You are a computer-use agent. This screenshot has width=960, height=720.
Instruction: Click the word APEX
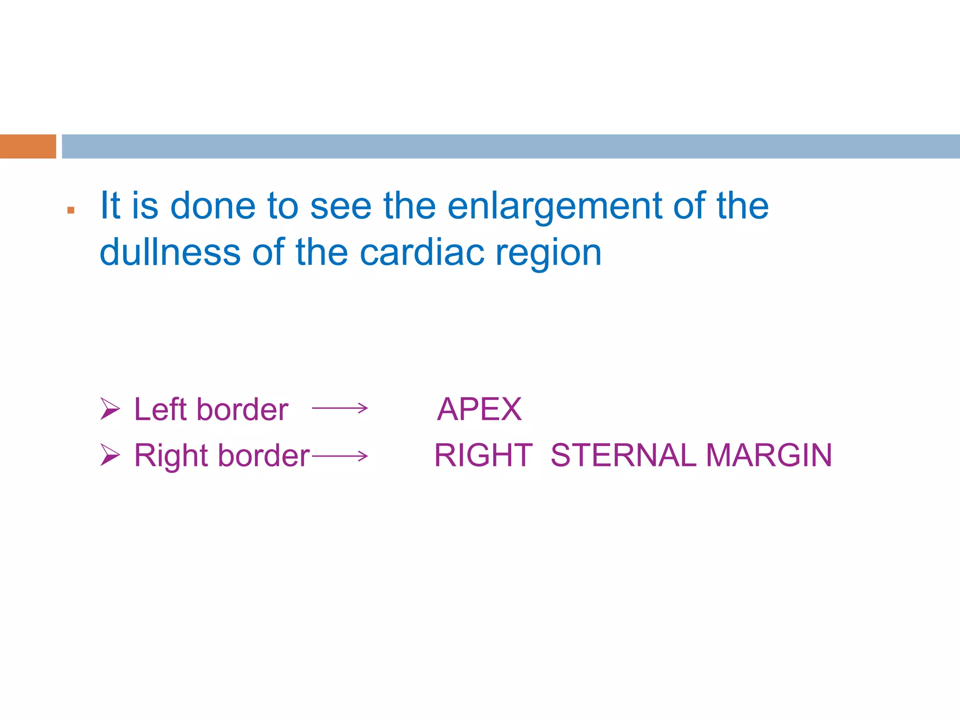click(x=479, y=409)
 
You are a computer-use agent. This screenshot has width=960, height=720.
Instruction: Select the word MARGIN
click(x=769, y=455)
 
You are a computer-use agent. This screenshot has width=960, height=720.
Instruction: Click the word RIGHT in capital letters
click(x=483, y=455)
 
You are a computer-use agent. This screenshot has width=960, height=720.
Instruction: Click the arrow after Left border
click(x=340, y=408)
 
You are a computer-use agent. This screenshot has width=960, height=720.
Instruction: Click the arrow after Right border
click(x=340, y=456)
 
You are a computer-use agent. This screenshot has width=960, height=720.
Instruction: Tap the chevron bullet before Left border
click(x=110, y=409)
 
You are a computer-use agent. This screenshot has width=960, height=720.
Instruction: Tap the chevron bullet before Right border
click(x=110, y=455)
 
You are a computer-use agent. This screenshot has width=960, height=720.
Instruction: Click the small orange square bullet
click(x=71, y=210)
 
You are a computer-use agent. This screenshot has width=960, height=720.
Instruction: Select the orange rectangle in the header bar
click(x=28, y=146)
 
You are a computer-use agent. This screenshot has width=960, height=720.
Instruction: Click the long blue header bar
click(x=510, y=146)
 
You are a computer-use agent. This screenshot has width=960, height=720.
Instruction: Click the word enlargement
click(x=555, y=207)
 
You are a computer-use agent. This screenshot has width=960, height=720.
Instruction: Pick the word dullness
click(x=170, y=253)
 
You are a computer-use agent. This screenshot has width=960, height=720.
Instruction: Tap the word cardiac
click(x=422, y=253)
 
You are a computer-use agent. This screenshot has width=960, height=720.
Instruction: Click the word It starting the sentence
click(x=111, y=206)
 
